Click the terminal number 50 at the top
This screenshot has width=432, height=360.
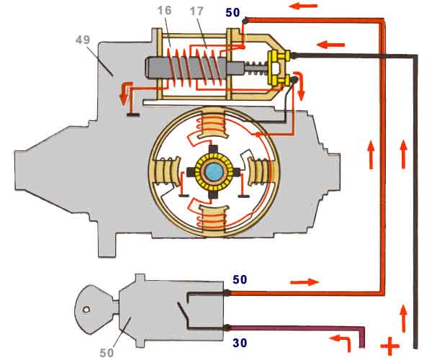pos(233,13)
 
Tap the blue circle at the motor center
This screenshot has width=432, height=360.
pos(214,172)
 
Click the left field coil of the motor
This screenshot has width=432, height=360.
pos(164,172)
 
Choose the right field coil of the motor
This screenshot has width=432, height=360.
pos(263,172)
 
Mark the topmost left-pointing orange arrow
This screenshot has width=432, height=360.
pos(305,6)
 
